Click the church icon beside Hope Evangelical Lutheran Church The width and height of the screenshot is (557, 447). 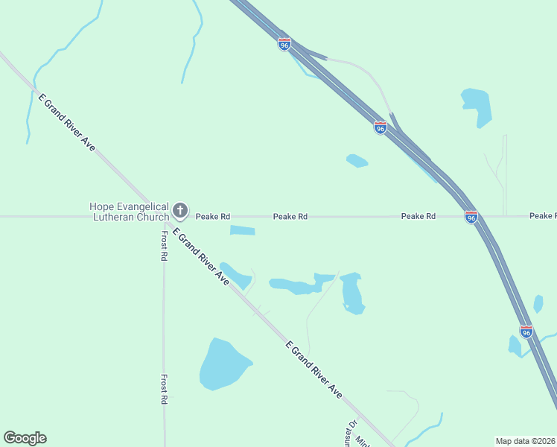point(180,212)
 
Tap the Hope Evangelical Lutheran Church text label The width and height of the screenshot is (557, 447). point(128,212)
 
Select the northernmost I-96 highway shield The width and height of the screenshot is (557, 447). point(284,44)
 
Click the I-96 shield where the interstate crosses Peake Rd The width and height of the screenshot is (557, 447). point(471,217)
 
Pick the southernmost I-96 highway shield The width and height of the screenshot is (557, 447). point(526,332)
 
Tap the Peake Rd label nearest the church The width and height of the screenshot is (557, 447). point(213,217)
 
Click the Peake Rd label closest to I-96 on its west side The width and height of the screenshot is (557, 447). point(418,217)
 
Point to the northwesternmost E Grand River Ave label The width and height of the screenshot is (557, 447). point(67,123)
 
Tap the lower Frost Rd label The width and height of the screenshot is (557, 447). point(164,389)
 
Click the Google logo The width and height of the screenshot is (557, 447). point(25,438)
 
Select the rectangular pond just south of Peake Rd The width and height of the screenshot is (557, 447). point(242,231)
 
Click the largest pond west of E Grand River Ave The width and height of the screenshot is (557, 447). point(223,365)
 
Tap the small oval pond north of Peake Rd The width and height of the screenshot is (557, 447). point(357,160)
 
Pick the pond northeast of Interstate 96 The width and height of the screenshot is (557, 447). point(477,106)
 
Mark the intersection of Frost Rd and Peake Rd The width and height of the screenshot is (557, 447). point(164,217)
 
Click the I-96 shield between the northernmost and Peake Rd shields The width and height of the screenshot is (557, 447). point(380,127)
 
